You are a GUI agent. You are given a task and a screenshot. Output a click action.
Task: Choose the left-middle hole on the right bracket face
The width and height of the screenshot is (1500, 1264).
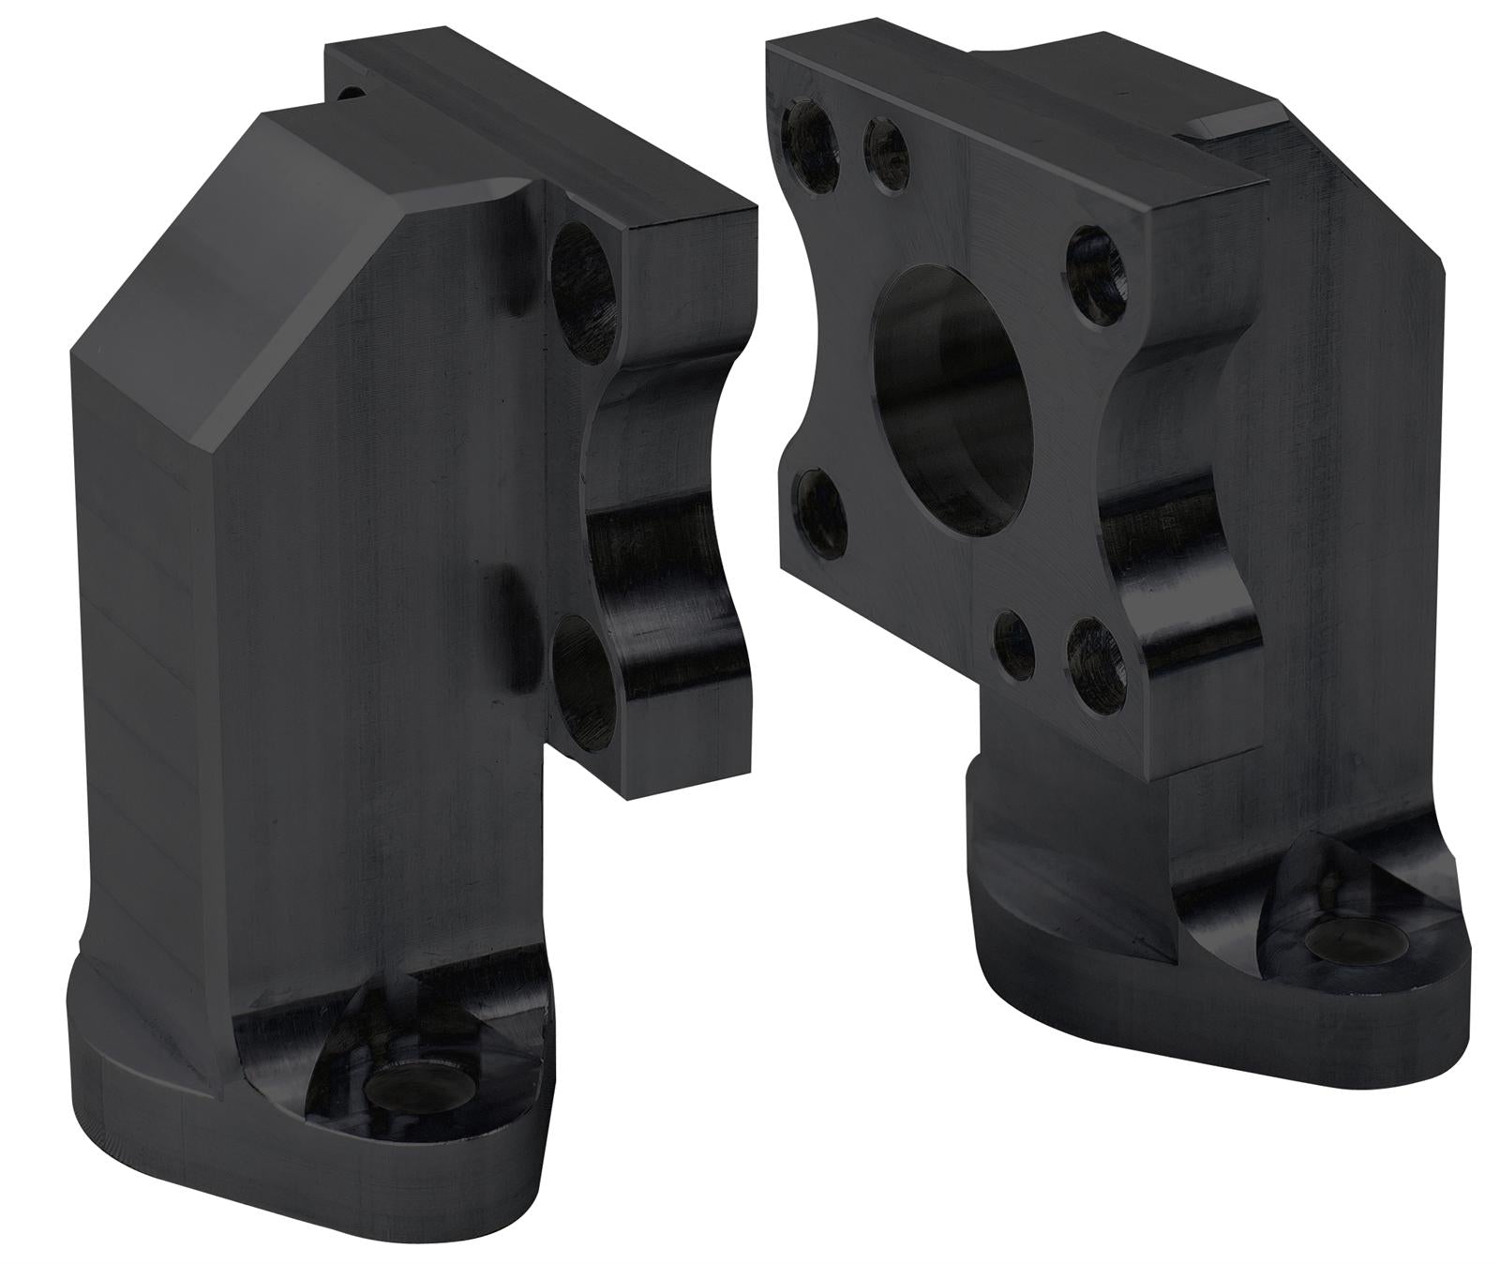(821, 513)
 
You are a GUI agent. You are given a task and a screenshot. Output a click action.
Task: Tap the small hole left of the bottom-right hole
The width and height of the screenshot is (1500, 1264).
(1015, 644)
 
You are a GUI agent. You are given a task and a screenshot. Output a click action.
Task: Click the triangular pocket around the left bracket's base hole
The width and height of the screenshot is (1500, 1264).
(375, 1060)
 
